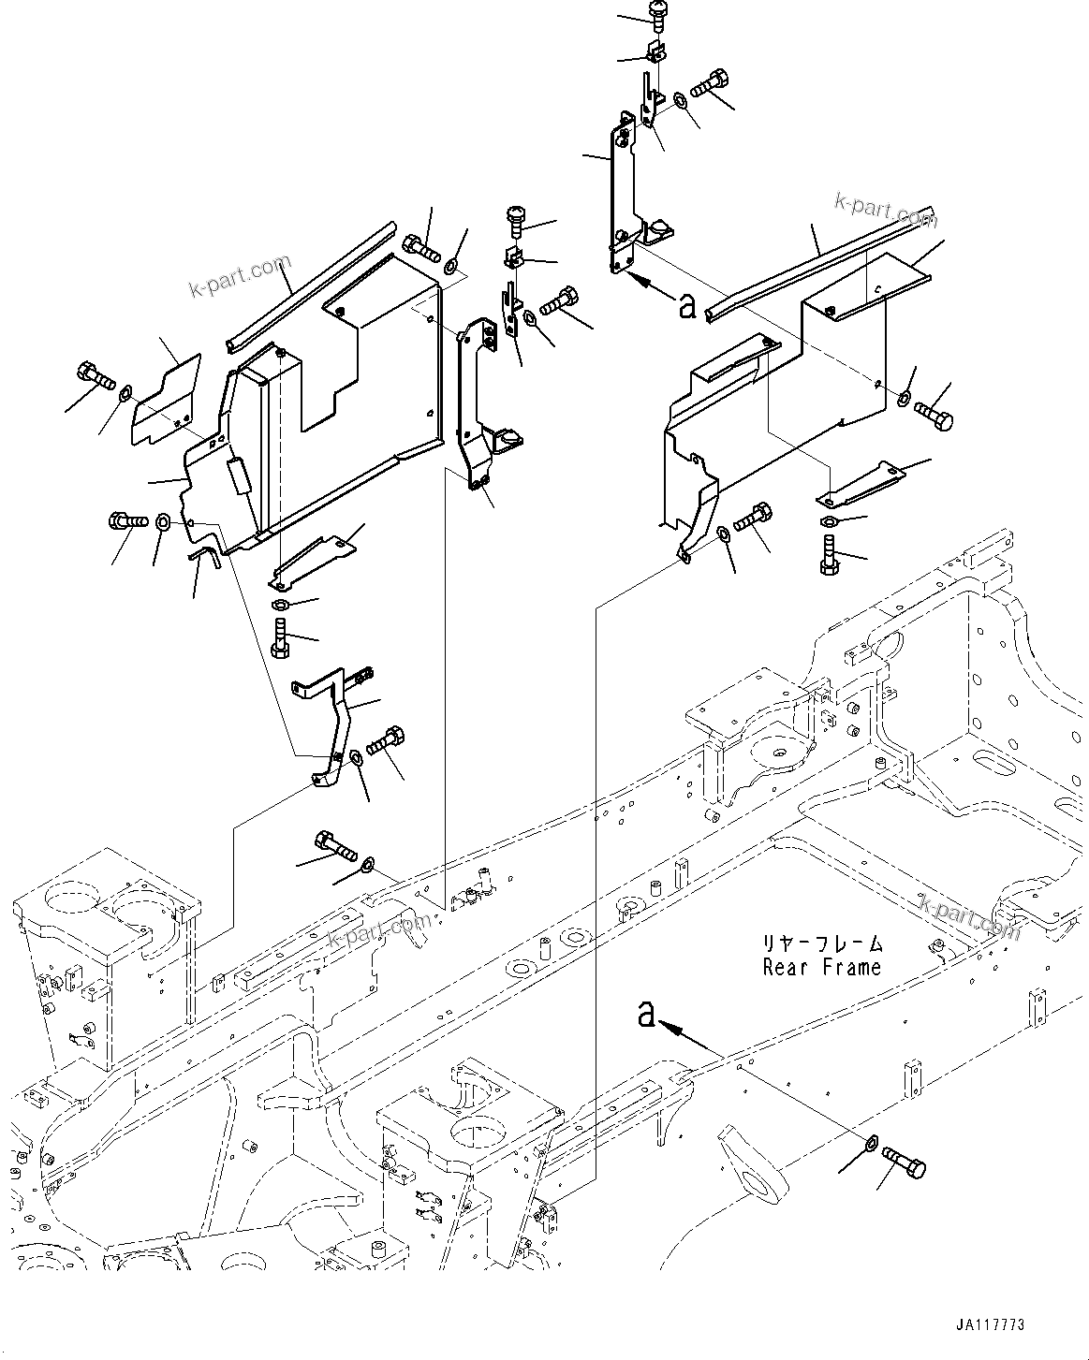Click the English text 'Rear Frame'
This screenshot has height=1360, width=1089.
(x=821, y=967)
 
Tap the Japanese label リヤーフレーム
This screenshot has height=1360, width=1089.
(x=821, y=944)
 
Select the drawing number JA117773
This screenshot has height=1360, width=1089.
(x=990, y=1325)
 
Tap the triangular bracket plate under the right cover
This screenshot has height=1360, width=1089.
(x=861, y=484)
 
